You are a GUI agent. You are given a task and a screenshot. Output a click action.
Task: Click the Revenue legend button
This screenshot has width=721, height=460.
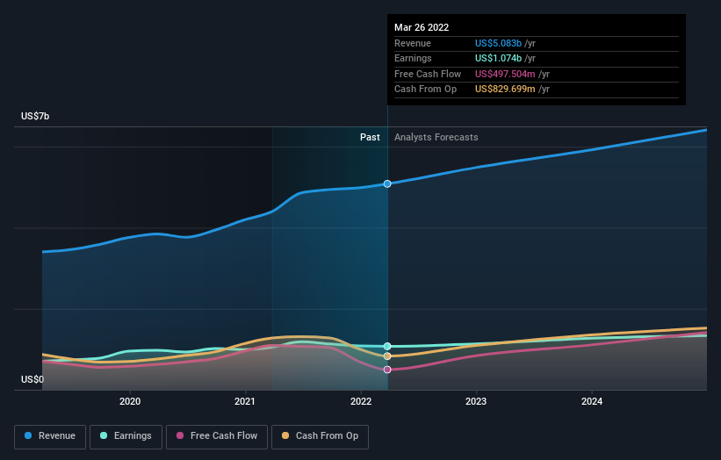pos(51,435)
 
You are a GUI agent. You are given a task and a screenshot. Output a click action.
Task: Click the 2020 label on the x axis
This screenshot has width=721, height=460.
pos(130,402)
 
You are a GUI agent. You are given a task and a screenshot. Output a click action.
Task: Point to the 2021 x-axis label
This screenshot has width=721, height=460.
pos(246,402)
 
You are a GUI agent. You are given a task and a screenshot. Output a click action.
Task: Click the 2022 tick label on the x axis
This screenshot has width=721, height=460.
pos(361,402)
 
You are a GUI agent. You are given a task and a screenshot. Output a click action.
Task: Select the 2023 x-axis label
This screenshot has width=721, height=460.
pos(477,402)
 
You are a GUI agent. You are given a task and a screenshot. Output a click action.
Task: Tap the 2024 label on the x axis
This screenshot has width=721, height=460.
pos(592,402)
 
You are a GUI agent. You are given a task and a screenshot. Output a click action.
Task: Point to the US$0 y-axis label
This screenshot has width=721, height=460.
pos(33,379)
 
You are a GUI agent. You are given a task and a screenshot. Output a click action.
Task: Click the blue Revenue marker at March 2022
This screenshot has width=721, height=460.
pos(387,183)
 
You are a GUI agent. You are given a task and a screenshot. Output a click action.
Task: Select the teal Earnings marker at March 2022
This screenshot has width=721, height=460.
pos(387,346)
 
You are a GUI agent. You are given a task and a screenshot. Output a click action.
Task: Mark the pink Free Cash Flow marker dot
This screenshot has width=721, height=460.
pos(387,370)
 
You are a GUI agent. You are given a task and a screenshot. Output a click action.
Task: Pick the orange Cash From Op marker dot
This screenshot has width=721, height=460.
pos(387,356)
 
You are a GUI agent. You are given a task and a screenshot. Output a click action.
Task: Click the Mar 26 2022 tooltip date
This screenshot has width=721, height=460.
pos(422,27)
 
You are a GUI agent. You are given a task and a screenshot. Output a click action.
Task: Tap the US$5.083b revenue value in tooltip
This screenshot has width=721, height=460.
pos(498,43)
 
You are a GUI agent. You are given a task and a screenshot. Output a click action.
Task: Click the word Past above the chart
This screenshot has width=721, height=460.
pos(370,137)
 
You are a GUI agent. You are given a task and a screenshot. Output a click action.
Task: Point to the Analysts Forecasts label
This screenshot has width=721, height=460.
pos(436,137)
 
